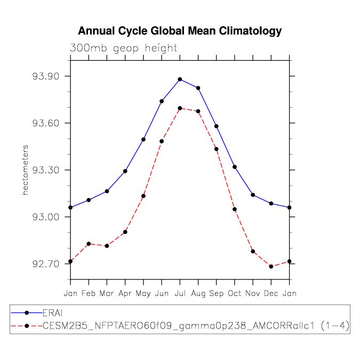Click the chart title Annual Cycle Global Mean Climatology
coord(180,31)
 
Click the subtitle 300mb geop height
coord(124,48)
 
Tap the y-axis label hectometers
coord(25,170)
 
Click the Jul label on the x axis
coord(180,293)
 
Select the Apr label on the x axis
coord(125,293)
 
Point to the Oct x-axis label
coord(235,293)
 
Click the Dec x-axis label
coord(271,293)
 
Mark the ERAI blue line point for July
coord(180,79)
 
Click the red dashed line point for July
coord(180,108)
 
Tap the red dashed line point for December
coord(271,266)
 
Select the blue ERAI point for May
coord(143,139)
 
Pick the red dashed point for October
coord(235,209)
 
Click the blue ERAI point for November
coord(253,195)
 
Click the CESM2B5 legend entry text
coord(195,325)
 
